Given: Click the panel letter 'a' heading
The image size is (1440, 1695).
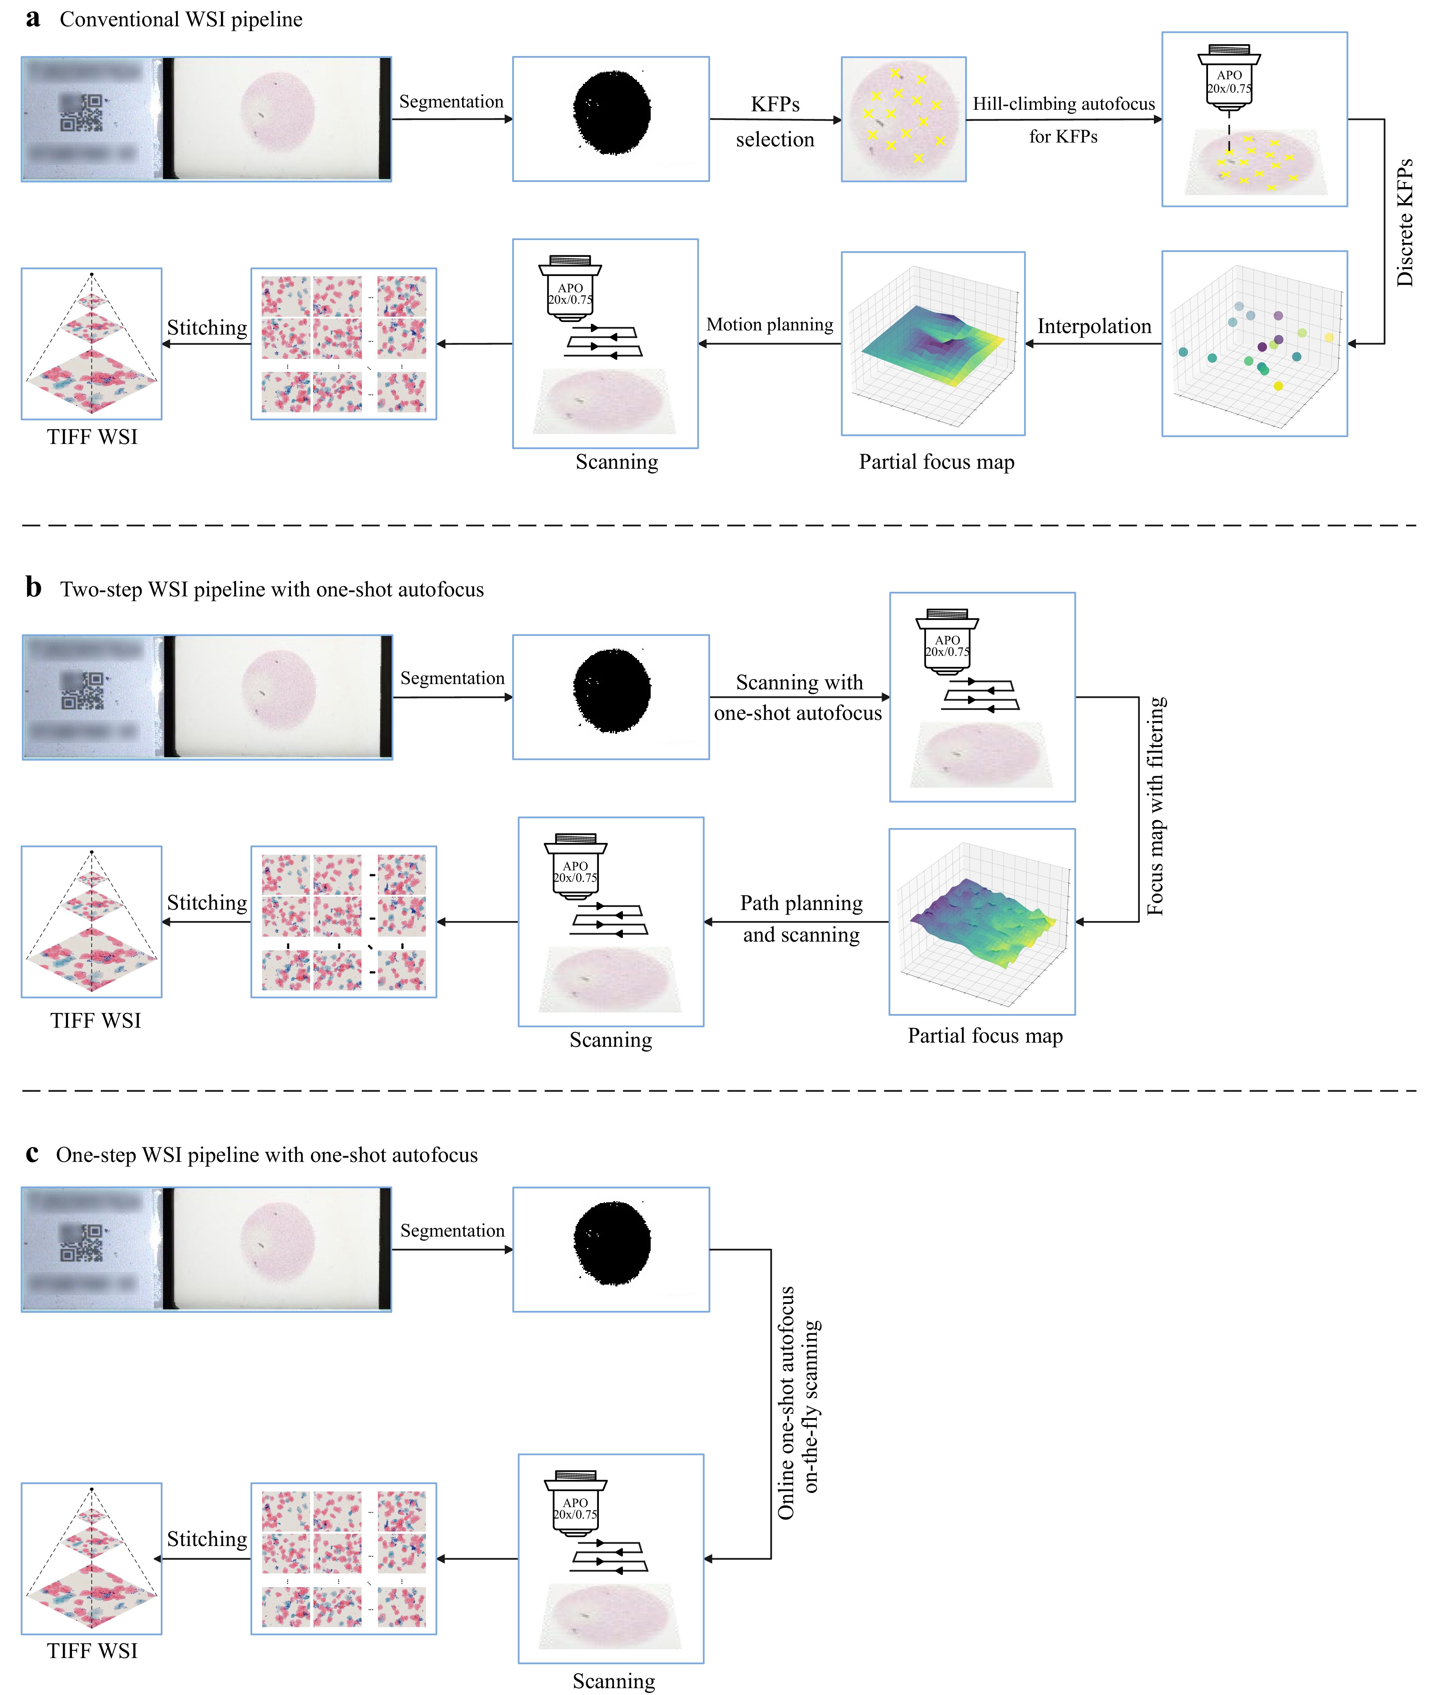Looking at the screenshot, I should coord(33,19).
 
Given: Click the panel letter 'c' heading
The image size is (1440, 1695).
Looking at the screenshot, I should coord(32,1153).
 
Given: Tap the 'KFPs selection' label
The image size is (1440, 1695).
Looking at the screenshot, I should coord(775,122).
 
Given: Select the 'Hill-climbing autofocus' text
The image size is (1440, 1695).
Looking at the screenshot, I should coord(1063,104).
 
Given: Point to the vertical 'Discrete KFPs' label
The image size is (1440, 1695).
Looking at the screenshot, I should coord(1404,222).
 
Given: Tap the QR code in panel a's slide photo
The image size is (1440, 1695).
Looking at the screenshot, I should coord(82,113).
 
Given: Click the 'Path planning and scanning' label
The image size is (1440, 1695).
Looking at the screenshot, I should coord(801,918).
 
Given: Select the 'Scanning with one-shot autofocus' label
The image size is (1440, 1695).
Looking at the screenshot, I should coord(798,697).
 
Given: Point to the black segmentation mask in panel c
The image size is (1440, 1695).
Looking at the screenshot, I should coord(612,1243).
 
